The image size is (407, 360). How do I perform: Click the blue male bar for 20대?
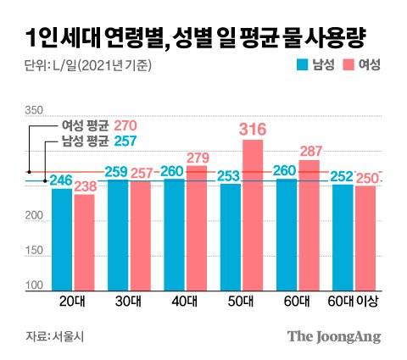pos(62,239)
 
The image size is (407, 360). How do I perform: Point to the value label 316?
pos(253,129)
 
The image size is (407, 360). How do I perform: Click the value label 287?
pos(309,150)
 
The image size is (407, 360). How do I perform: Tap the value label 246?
pos(61,180)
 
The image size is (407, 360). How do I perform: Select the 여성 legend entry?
pos(362,64)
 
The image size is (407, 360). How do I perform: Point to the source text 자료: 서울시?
pos(50,336)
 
